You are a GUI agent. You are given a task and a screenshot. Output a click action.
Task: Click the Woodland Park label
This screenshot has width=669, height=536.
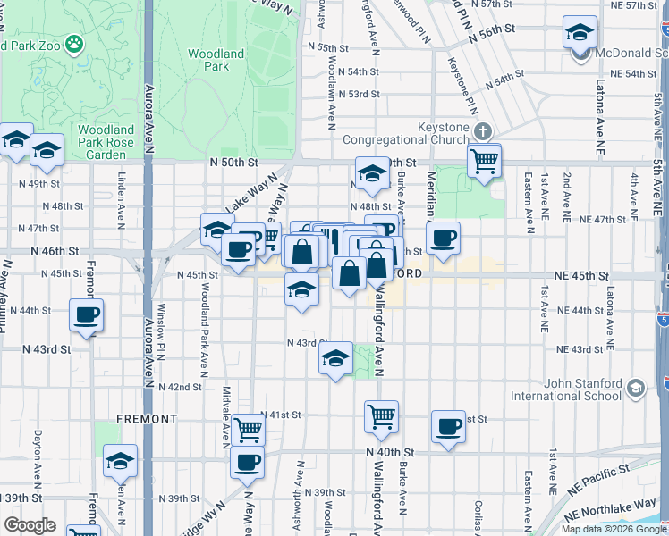[x=216, y=60]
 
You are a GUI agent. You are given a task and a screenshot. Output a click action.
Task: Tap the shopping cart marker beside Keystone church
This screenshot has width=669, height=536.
[x=484, y=162]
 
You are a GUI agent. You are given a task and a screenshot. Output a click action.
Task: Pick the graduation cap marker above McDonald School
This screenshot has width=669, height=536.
[x=580, y=34]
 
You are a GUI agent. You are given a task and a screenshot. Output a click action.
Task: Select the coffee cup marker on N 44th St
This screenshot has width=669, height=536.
[x=87, y=315]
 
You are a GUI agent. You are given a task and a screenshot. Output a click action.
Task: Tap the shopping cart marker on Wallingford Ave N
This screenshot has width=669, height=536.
[x=381, y=416]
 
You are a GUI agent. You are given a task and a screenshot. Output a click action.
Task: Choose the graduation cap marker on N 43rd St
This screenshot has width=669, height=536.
[x=335, y=360]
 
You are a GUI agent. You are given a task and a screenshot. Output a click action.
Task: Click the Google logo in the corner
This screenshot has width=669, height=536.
[x=30, y=525]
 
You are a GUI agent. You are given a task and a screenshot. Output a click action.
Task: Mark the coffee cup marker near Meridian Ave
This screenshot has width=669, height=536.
[x=444, y=239]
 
